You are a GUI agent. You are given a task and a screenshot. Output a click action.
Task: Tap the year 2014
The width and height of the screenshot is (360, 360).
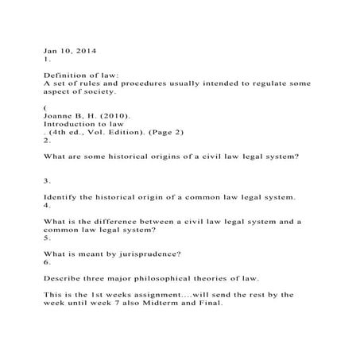coord(85,51)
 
